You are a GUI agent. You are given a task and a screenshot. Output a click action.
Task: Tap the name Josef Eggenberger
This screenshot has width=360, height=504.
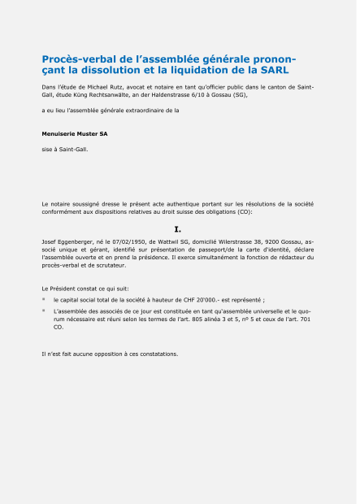pos(70,242)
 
